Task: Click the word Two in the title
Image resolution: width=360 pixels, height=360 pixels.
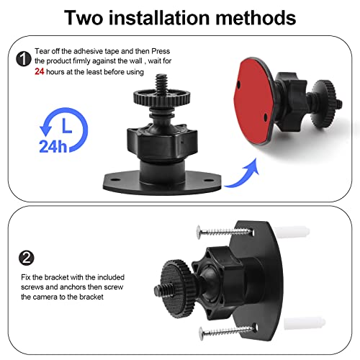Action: pyautogui.click(x=89, y=17)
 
